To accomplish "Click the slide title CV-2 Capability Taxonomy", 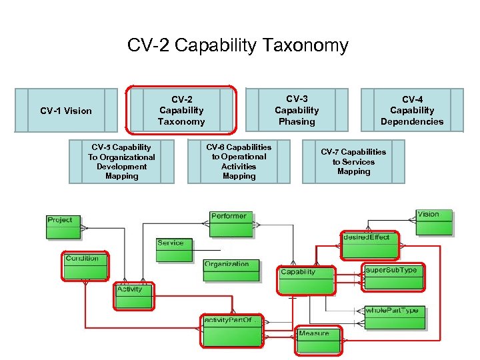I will (x=238, y=45).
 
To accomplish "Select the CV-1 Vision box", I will (x=65, y=110).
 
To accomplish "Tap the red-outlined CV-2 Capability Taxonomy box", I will (x=181, y=110).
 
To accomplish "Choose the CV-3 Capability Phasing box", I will (x=297, y=110).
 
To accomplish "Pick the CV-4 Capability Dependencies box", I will (x=411, y=110).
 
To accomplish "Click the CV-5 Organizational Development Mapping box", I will (x=121, y=161).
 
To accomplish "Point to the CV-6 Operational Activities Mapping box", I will (x=239, y=161).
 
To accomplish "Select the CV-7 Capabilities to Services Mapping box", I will (x=353, y=161).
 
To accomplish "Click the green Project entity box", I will (x=63, y=227).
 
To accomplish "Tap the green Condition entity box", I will (x=85, y=266).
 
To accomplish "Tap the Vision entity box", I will (x=433, y=223).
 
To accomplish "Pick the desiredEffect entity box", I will (x=369, y=245).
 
